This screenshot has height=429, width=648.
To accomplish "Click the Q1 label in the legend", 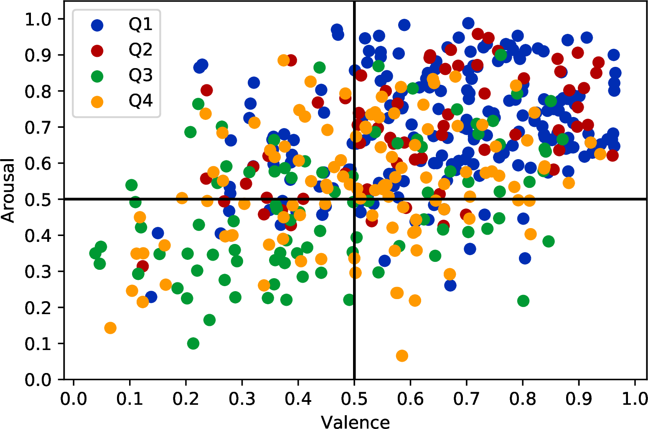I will pos(140,25).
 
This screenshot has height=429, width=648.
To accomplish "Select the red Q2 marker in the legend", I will pos(97,50).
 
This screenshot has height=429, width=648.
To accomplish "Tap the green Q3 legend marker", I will pos(97,76).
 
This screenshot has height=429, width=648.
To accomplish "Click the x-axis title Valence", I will pos(355,422).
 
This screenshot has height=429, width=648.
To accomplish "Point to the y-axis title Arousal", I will pos(8,190).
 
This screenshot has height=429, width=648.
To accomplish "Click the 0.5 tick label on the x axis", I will pos(354,399).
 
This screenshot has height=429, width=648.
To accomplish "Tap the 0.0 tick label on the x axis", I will pos(74,399).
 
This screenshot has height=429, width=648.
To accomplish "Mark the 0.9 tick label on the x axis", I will pos(579,399).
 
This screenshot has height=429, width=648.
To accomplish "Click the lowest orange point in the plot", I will pos(402,355).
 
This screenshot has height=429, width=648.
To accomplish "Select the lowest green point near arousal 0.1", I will pos(193,343).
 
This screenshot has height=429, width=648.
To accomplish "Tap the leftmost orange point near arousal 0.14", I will pos(110,328).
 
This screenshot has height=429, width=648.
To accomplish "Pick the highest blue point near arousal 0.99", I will pos(468,23).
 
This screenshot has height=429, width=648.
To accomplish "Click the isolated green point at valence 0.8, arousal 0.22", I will pos(523,301).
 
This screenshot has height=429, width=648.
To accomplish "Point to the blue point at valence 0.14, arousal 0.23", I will pos(151,297).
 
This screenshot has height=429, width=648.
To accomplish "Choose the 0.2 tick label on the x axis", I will pos(186,399).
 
